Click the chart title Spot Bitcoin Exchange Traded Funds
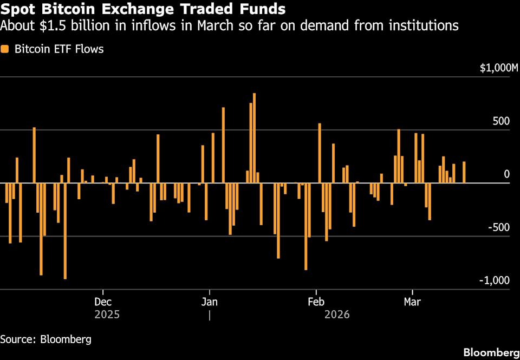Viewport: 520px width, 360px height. [144, 9]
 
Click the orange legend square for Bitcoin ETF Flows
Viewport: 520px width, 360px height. [5, 49]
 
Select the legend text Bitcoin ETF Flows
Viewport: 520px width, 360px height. [59, 49]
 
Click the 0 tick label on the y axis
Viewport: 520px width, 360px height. [506, 174]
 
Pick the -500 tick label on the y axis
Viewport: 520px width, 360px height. [499, 227]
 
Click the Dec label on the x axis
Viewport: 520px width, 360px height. [103, 302]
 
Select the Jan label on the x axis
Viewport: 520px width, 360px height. [209, 302]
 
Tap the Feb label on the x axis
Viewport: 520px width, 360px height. [316, 302]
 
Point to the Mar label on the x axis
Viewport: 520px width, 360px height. [413, 302]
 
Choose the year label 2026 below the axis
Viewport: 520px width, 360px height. [337, 315]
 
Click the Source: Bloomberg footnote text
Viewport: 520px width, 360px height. [45, 340]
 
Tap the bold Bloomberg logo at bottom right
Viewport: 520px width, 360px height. [487, 352]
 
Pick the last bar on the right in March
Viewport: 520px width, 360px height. [464, 172]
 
